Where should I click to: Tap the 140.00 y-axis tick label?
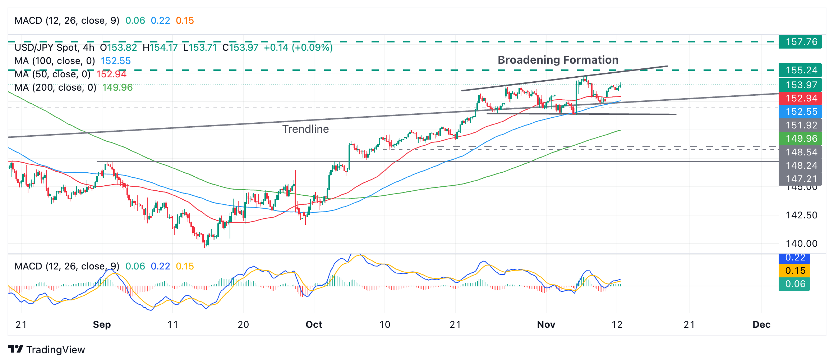pyautogui.click(x=801, y=244)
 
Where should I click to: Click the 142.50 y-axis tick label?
pyautogui.click(x=801, y=215)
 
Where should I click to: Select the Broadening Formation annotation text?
pyautogui.click(x=558, y=60)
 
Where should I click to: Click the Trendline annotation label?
pyautogui.click(x=305, y=129)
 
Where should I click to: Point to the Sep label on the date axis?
pyautogui.click(x=102, y=325)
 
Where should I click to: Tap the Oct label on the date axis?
pyautogui.click(x=314, y=325)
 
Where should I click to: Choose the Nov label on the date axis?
pyautogui.click(x=546, y=325)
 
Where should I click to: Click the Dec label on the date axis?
pyautogui.click(x=761, y=325)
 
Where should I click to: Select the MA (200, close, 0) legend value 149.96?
pyautogui.click(x=118, y=87)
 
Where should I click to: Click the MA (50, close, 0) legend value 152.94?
pyautogui.click(x=111, y=74)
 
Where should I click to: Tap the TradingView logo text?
pyautogui.click(x=55, y=350)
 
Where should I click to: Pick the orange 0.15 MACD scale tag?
pyautogui.click(x=795, y=271)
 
